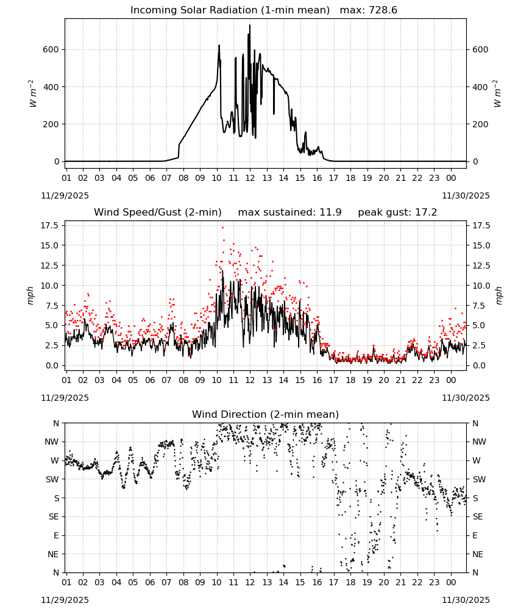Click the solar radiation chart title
(263, 10)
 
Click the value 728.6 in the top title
(383, 10)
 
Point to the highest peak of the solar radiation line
(250, 25)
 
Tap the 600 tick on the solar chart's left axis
(51, 50)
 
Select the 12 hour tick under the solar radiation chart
(250, 178)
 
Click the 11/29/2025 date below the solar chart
(65, 195)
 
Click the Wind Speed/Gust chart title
(158, 213)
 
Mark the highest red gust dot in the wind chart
(222, 228)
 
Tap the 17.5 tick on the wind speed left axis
(49, 226)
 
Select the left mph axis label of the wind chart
(30, 295)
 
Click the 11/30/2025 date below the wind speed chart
(466, 398)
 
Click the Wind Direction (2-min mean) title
(266, 414)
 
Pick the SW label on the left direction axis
(52, 479)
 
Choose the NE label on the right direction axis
(478, 554)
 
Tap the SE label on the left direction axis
(54, 516)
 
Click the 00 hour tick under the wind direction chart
(451, 583)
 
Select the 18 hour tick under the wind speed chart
(350, 380)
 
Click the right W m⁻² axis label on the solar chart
(498, 94)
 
